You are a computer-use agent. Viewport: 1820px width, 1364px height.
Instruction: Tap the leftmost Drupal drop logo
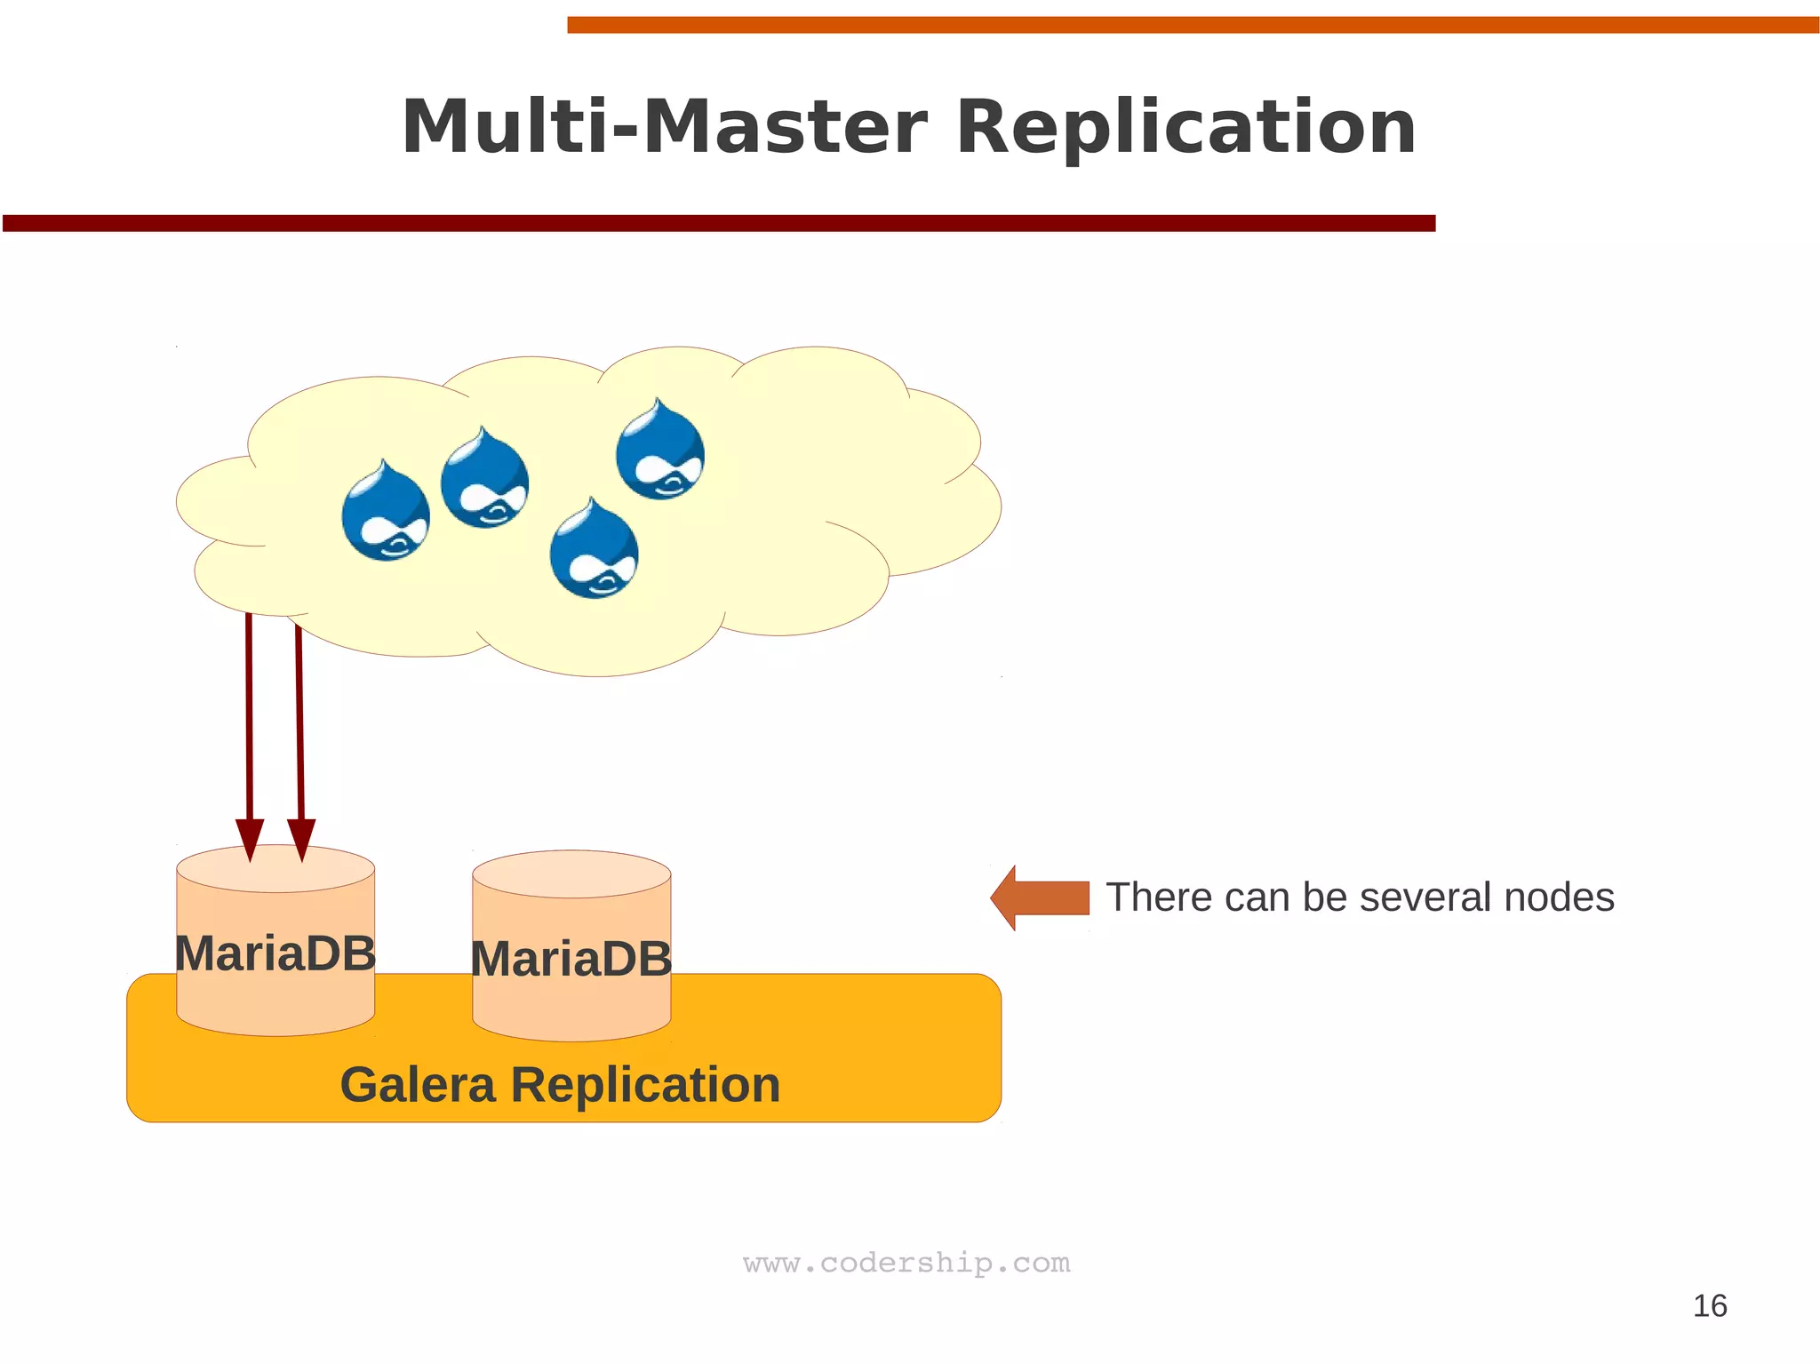(x=386, y=513)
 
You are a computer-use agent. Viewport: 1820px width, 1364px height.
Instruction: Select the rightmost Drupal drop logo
(x=660, y=451)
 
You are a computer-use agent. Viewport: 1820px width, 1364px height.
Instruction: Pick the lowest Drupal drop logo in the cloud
(x=594, y=550)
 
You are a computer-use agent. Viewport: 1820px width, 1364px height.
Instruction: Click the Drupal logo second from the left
(x=484, y=480)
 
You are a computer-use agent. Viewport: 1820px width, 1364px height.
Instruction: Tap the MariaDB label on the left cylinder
(x=275, y=953)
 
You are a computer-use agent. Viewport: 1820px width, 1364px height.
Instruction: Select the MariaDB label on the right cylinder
(x=571, y=960)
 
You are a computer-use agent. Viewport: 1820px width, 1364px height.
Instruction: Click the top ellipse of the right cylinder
(x=571, y=873)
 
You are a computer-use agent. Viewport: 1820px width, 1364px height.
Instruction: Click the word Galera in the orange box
(x=418, y=1085)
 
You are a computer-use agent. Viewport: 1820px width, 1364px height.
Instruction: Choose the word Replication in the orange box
(x=645, y=1085)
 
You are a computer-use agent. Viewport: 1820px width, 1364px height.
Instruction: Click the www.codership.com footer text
(x=906, y=1263)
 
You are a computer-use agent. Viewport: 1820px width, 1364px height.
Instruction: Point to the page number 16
(x=1709, y=1306)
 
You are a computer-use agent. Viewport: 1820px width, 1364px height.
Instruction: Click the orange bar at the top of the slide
(x=1191, y=25)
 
